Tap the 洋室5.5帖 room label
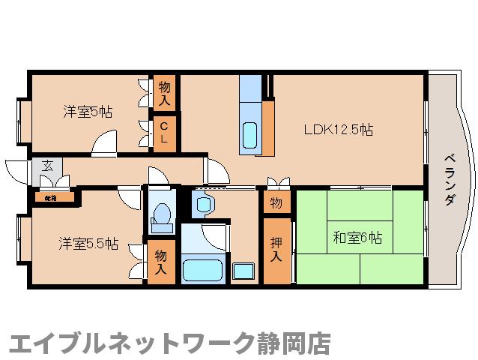(88, 243)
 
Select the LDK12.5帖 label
(338, 129)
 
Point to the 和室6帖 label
(357, 238)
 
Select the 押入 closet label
(276, 250)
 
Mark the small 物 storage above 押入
(276, 202)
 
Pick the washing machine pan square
(243, 270)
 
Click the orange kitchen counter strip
(267, 127)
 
